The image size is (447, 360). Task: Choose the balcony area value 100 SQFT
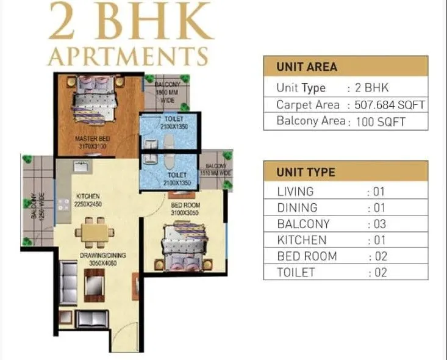pyautogui.click(x=381, y=121)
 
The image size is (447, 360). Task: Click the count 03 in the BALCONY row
pyautogui.click(x=377, y=224)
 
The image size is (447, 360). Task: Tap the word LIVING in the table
pyautogui.click(x=295, y=192)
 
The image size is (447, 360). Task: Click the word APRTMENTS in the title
pyautogui.click(x=128, y=56)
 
